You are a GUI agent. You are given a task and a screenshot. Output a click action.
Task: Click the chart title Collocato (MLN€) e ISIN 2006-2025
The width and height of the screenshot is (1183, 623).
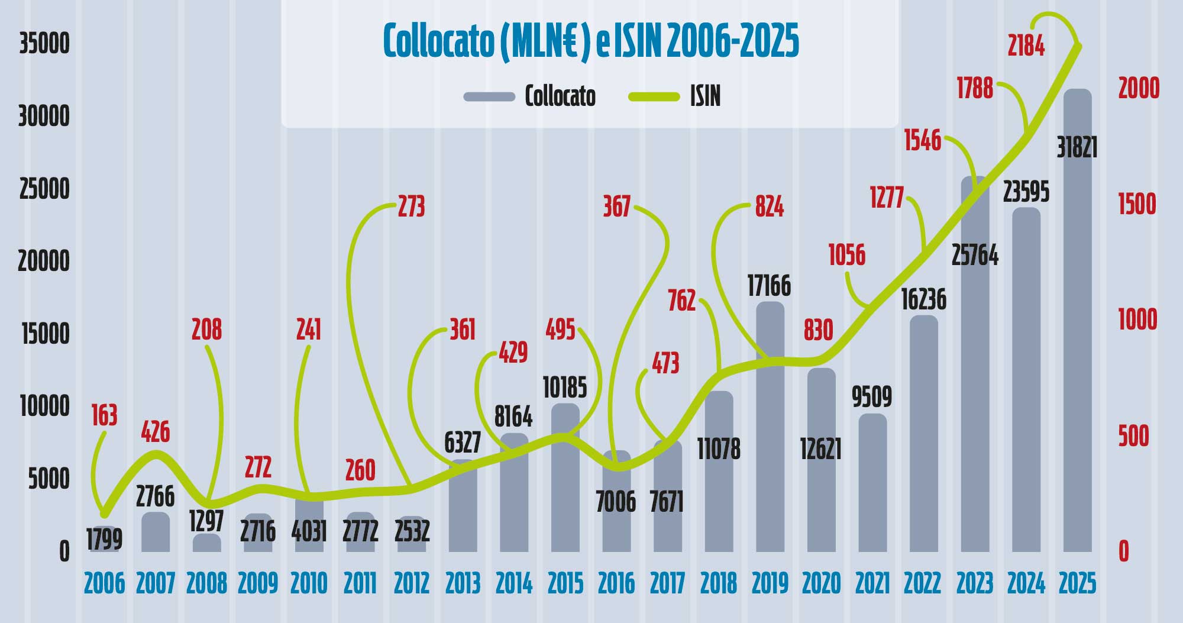pos(591,41)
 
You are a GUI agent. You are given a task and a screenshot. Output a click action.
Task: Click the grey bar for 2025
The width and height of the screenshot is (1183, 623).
pos(1078,355)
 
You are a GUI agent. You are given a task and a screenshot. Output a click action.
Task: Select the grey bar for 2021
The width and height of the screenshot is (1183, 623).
pos(872,485)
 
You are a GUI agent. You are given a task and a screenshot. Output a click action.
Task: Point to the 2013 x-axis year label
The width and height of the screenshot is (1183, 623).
pos(463,583)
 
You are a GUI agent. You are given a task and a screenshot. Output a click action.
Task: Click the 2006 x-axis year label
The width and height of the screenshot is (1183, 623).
pos(104,583)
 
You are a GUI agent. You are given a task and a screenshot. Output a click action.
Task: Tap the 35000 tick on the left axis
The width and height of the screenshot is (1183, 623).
pos(44,44)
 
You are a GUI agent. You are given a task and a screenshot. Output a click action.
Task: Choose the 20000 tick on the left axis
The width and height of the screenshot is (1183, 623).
pos(44,261)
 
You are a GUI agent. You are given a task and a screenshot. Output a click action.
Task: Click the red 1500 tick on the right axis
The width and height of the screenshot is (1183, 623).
pos(1136,204)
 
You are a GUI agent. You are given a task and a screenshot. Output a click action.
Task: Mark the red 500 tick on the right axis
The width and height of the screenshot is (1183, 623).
pos(1133,436)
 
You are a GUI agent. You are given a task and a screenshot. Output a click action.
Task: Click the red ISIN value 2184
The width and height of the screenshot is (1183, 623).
pos(1026,46)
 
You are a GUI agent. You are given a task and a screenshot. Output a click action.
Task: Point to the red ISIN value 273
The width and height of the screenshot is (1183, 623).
pos(411,206)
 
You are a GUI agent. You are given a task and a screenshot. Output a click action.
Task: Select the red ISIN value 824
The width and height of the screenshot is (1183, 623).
pos(769,206)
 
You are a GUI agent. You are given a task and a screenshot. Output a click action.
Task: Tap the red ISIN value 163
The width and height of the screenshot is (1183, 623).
pos(104,415)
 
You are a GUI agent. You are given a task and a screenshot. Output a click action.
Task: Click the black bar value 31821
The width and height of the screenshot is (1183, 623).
pos(1077,147)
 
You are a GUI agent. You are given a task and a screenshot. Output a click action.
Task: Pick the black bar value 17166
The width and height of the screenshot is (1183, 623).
pos(769,286)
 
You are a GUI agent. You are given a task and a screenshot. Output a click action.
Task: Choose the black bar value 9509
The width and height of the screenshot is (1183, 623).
pos(872,396)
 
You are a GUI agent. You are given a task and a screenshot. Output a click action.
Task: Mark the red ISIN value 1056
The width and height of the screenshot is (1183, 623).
pos(846,255)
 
